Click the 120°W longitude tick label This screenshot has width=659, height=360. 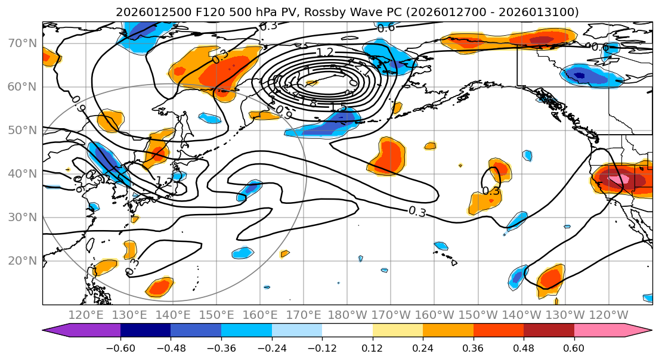[608, 315]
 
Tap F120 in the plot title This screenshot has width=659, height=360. [209, 12]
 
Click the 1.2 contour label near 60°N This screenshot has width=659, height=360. [325, 53]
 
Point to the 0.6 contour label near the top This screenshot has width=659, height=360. [386, 27]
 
